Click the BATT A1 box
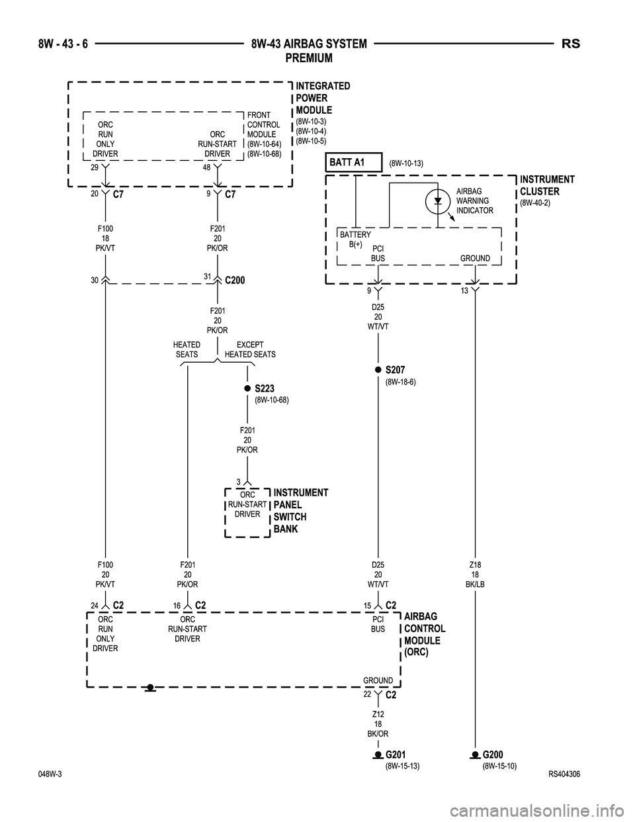pyautogui.click(x=355, y=162)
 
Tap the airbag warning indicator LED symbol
pyautogui.click(x=438, y=201)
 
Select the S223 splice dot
pyautogui.click(x=247, y=388)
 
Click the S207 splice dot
pyautogui.click(x=378, y=369)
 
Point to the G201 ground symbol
pyautogui.click(x=378, y=754)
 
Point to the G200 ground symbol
pyautogui.click(x=475, y=754)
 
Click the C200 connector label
pyautogui.click(x=235, y=281)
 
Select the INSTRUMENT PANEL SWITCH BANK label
pyautogui.click(x=300, y=511)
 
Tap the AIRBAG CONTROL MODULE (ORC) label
pyautogui.click(x=425, y=634)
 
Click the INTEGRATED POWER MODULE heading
pyautogui.click(x=323, y=98)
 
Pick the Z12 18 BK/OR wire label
pyautogui.click(x=378, y=724)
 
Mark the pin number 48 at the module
pyautogui.click(x=207, y=169)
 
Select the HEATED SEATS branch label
pyautogui.click(x=187, y=349)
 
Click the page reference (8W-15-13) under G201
pyautogui.click(x=402, y=766)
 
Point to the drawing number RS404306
pyautogui.click(x=564, y=775)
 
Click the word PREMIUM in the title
pyautogui.click(x=308, y=58)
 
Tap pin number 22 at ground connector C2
pyautogui.click(x=366, y=694)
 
